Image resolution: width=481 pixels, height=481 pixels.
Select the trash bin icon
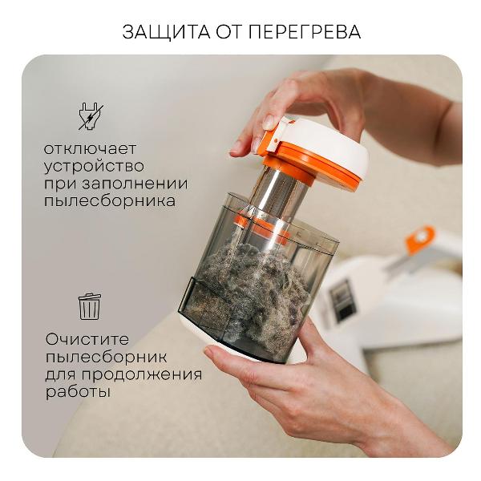pyautogui.click(x=89, y=305)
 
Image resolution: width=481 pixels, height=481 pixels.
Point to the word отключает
pyautogui.click(x=91, y=149)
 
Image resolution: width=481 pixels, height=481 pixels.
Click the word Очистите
pyautogui.click(x=87, y=339)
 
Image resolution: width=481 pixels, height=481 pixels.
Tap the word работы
pyautogui.click(x=79, y=393)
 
